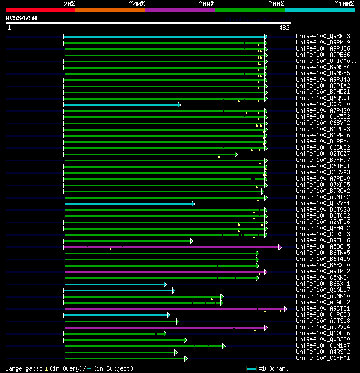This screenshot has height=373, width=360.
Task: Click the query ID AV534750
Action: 21,18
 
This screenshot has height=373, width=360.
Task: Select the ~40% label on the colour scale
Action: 137,4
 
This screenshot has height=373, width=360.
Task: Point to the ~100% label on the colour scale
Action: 344,4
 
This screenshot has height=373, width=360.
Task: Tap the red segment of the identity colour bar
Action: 40,10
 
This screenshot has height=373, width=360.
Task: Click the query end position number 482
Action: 284,27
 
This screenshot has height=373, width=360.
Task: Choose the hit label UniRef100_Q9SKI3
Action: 323,37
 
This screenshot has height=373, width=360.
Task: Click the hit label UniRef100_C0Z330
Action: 323,105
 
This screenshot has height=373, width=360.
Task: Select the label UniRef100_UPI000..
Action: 325,61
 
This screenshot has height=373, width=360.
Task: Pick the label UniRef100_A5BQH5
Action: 323,247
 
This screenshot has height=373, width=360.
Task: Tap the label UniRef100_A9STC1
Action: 323,309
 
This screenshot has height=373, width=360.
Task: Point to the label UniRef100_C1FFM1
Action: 323,358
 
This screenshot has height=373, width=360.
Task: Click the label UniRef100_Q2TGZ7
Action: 323,154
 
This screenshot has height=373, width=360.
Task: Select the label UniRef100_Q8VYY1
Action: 323,204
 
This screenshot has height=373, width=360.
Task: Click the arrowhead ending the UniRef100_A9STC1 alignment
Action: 285,309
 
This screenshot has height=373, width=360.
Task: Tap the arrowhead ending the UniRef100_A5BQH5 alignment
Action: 280,247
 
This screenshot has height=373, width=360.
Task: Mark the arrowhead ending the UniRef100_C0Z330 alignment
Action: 179,105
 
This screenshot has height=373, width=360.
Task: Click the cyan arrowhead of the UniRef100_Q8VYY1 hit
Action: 193,204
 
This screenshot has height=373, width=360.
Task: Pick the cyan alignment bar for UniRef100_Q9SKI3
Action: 163,37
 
